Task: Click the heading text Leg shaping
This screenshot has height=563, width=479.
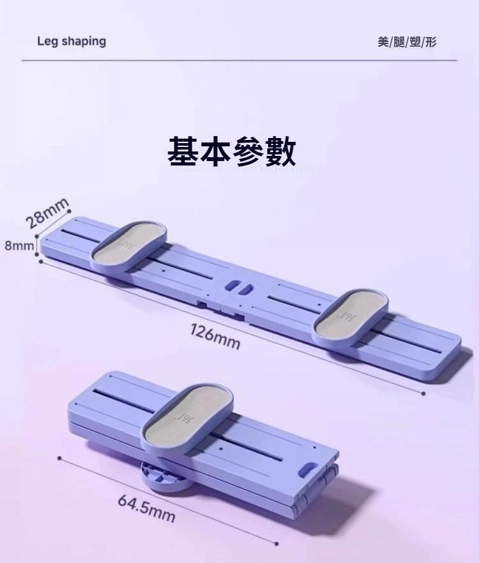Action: (x=72, y=42)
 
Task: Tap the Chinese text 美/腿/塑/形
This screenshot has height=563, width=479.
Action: (x=407, y=42)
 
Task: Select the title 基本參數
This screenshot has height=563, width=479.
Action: (x=231, y=152)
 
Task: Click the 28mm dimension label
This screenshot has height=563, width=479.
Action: (x=48, y=213)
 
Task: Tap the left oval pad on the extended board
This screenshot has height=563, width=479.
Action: (x=128, y=245)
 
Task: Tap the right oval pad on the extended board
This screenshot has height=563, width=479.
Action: (x=351, y=314)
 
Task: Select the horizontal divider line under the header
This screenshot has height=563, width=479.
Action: (x=240, y=60)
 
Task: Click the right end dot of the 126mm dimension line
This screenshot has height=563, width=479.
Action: (x=423, y=393)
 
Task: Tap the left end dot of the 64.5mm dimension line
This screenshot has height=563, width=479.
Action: (x=59, y=458)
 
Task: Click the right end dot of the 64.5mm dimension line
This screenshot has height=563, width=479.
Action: (x=277, y=544)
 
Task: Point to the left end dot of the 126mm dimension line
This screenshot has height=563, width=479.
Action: (x=41, y=261)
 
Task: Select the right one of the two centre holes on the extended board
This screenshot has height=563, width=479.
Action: (x=245, y=289)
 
